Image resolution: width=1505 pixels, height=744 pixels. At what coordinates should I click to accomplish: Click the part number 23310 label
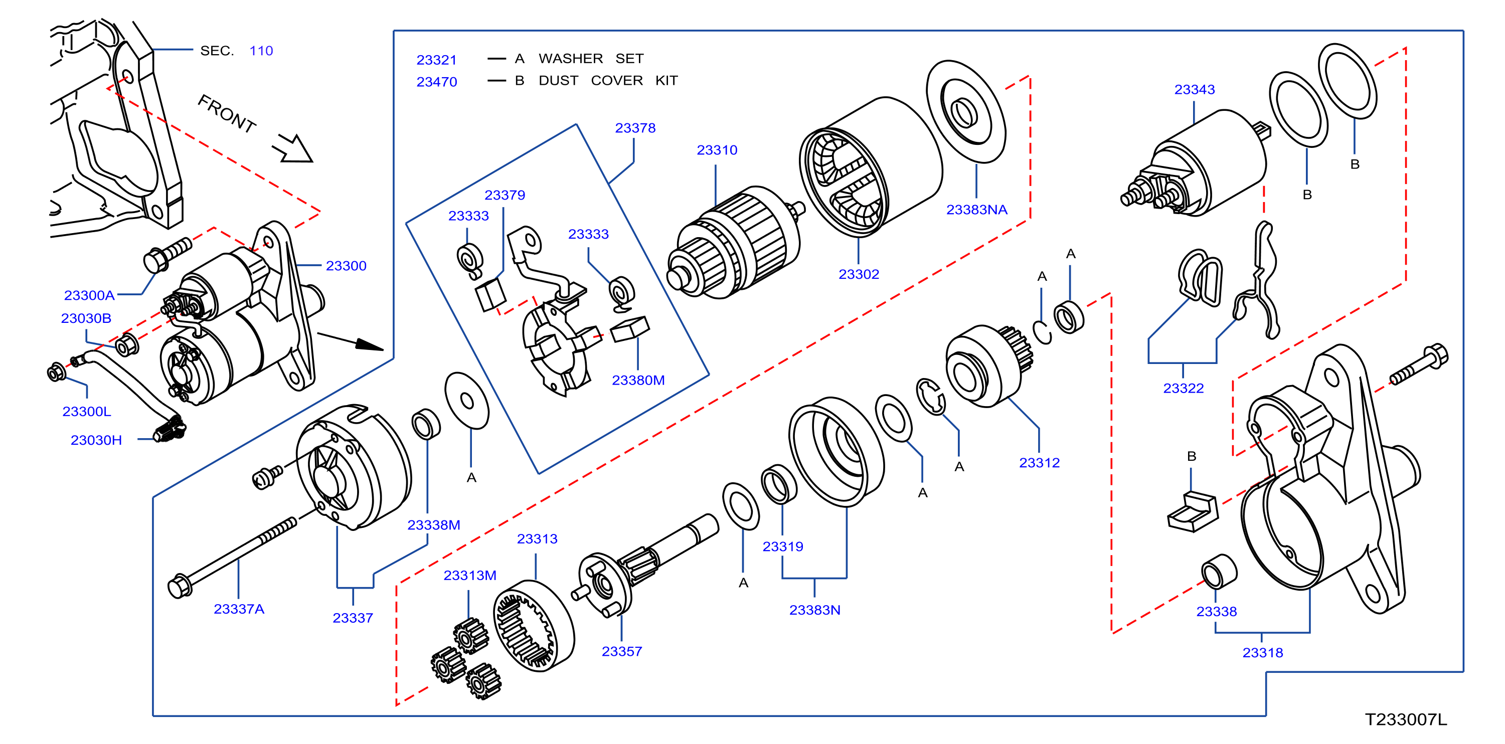click(717, 150)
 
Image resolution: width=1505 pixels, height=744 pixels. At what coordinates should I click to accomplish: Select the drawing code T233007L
click(1406, 719)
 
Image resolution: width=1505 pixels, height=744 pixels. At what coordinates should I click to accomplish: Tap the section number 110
click(261, 51)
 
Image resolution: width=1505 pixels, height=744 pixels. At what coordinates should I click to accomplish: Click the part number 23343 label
click(1194, 89)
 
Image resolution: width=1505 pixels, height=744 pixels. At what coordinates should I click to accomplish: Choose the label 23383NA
click(977, 210)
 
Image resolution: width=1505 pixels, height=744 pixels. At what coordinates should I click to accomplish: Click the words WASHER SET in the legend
click(591, 58)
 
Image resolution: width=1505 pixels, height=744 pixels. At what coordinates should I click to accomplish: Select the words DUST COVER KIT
click(608, 81)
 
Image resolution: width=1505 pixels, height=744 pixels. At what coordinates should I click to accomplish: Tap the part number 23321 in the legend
click(436, 60)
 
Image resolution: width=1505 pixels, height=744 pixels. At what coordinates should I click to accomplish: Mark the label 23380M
click(638, 380)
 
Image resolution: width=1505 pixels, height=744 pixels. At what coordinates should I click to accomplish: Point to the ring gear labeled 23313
click(534, 627)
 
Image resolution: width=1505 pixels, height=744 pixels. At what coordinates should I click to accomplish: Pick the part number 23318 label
click(1263, 653)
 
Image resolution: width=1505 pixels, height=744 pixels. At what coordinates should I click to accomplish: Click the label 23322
click(1183, 389)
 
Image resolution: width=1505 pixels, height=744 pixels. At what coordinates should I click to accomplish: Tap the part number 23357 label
click(622, 651)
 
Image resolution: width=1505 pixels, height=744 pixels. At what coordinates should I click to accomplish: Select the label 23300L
click(86, 411)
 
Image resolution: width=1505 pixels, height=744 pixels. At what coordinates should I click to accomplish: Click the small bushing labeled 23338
click(1219, 571)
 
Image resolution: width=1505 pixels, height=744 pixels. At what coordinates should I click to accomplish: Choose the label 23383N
click(814, 610)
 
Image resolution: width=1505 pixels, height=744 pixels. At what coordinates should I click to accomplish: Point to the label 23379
click(505, 195)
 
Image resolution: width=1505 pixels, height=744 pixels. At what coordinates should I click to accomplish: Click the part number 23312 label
click(1040, 463)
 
